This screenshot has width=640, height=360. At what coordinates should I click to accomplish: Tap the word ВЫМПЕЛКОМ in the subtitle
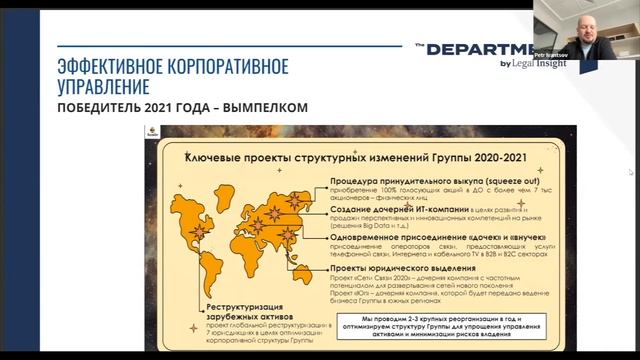261,107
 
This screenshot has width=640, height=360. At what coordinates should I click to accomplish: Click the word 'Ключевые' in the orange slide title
213,157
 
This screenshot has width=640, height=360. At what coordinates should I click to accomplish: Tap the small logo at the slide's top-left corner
168,131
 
